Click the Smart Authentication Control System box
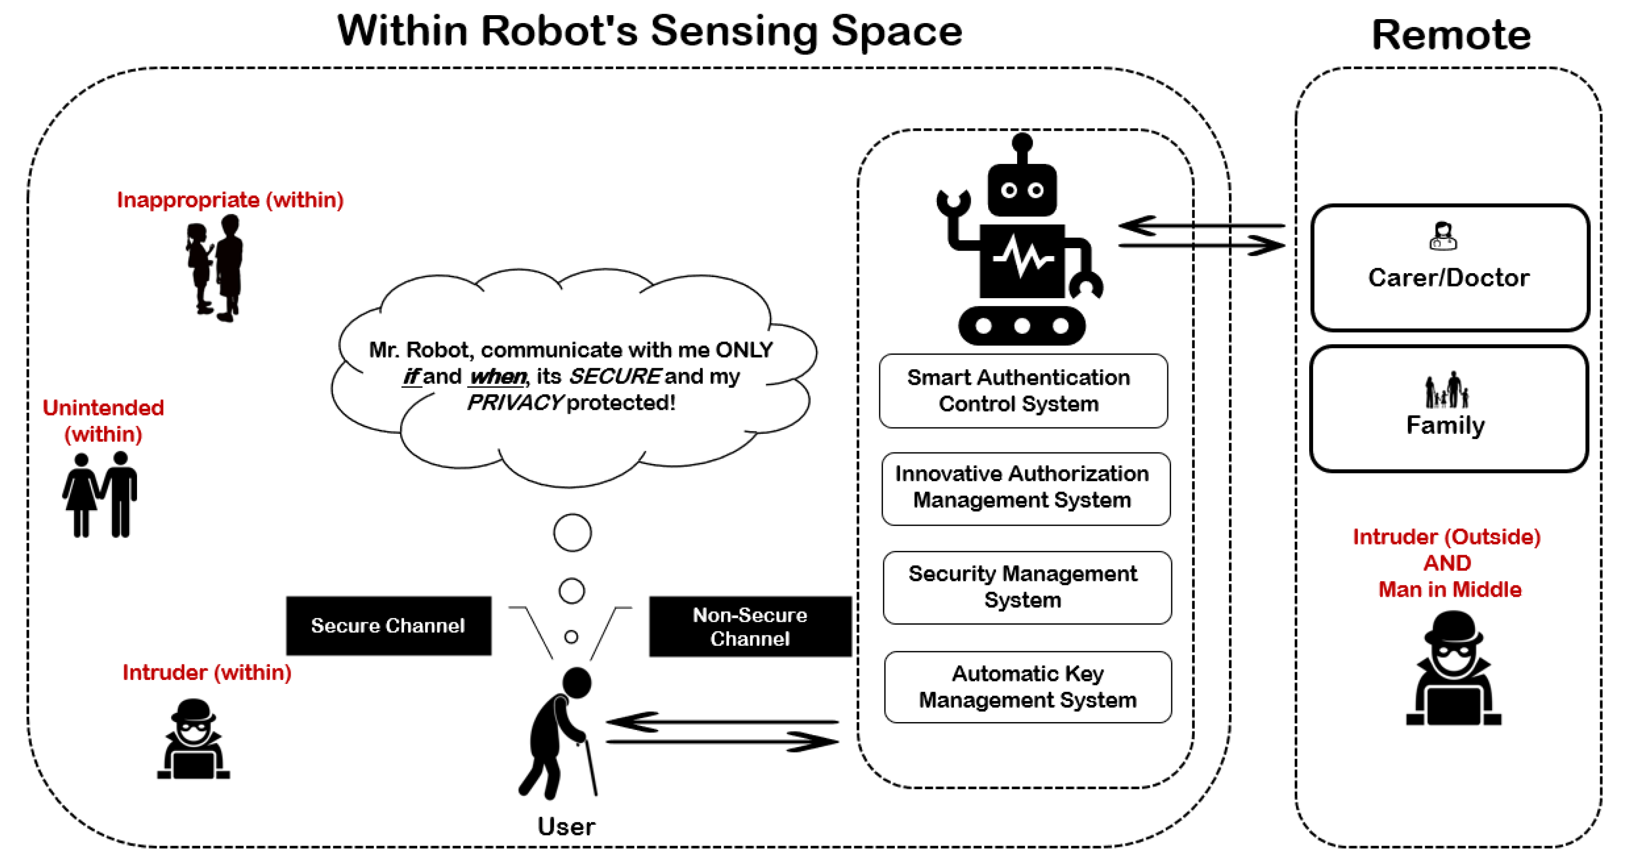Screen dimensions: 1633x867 1023,391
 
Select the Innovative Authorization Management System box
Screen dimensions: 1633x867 1026,489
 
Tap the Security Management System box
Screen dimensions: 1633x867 1027,587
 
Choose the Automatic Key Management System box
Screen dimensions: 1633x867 1028,687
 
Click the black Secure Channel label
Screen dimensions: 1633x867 388,625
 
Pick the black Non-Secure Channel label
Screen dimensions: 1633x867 750,626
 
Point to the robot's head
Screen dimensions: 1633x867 1022,189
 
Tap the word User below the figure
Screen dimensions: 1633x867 566,826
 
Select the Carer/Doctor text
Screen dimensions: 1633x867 1449,278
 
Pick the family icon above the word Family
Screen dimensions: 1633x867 1447,389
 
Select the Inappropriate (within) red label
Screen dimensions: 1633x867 230,200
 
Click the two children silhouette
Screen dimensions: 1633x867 214,268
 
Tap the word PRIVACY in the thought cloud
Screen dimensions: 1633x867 515,402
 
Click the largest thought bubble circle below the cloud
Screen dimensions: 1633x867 572,533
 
